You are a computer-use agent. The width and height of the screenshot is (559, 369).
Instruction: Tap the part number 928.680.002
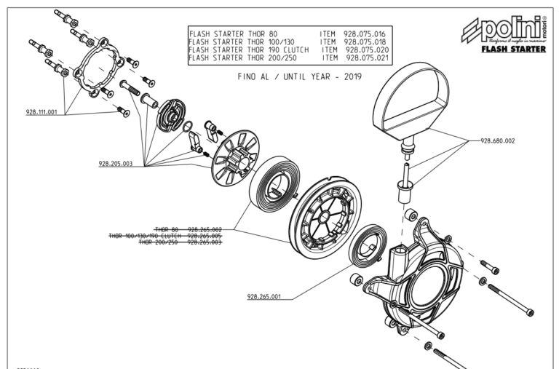(497, 140)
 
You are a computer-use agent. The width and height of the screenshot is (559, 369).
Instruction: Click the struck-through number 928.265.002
(205, 229)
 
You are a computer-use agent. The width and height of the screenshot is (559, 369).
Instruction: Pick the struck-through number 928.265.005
(205, 236)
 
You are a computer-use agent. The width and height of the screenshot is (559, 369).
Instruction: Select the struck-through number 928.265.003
(205, 242)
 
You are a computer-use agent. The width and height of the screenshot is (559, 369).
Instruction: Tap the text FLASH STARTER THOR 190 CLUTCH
(249, 49)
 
